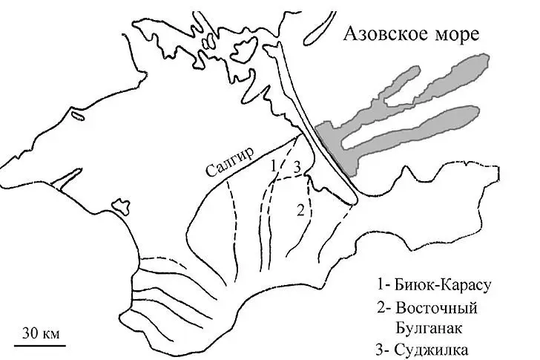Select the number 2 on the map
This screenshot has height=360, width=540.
coord(300,209)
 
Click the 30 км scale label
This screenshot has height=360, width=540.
coord(39,332)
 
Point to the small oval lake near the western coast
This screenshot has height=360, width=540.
coord(77,116)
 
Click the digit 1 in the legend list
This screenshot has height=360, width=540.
coord(381,284)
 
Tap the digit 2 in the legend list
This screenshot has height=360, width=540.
coord(381,307)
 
